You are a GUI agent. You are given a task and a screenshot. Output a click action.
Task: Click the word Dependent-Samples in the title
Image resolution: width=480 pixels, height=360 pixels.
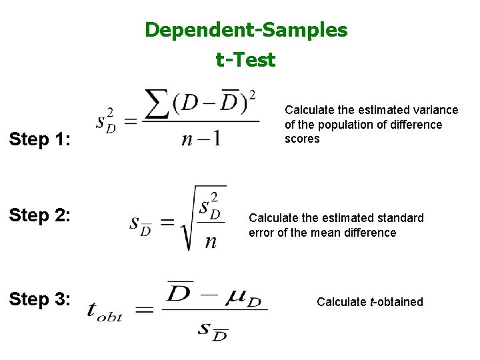point(246,30)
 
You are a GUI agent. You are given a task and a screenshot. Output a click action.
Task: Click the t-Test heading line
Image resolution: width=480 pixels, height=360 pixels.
point(245,60)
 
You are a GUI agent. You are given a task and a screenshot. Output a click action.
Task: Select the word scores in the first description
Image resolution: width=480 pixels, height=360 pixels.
point(302,139)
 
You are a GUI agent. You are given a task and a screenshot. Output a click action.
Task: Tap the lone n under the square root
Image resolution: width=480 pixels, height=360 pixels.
point(211,241)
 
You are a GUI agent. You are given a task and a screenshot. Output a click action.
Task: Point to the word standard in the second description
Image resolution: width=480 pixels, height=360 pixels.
point(400,218)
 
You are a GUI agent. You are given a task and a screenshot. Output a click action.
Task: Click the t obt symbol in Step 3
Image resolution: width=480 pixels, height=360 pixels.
point(105,313)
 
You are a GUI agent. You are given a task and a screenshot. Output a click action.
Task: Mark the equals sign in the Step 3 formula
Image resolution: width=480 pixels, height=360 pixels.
point(145,309)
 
